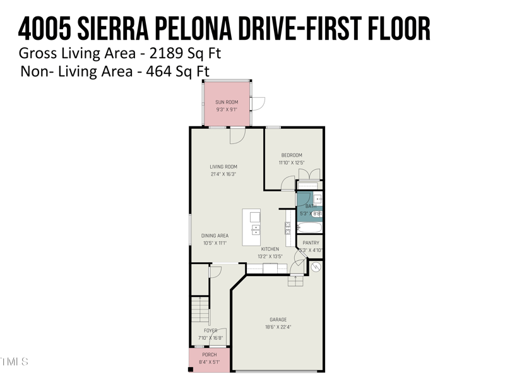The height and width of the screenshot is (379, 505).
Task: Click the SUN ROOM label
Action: pyautogui.click(x=227, y=102)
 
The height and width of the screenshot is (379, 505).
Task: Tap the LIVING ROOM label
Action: pyautogui.click(x=223, y=167)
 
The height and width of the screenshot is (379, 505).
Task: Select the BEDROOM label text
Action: pyautogui.click(x=292, y=155)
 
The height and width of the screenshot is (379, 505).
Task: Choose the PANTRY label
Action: pyautogui.click(x=311, y=243)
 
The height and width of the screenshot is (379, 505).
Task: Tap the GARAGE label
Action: pyautogui.click(x=278, y=320)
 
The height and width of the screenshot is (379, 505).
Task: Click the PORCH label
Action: pyautogui.click(x=210, y=355)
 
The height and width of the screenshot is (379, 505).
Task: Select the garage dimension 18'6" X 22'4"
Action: pyautogui.click(x=278, y=327)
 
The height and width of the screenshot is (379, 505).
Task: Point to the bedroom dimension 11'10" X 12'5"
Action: pyautogui.click(x=292, y=162)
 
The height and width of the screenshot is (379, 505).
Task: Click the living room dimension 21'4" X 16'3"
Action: pyautogui.click(x=223, y=174)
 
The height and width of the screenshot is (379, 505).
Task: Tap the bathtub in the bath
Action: pyautogui.click(x=310, y=228)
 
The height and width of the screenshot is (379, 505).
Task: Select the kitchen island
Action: pyautogui.click(x=251, y=227)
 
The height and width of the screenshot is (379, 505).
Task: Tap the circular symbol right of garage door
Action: pyautogui.click(x=316, y=268)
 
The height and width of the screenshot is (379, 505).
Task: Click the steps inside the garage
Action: pyautogui.click(x=295, y=281)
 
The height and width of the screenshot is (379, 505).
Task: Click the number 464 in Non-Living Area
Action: pyautogui.click(x=159, y=71)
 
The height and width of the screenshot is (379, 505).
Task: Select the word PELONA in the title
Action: pyautogui.click(x=214, y=28)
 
